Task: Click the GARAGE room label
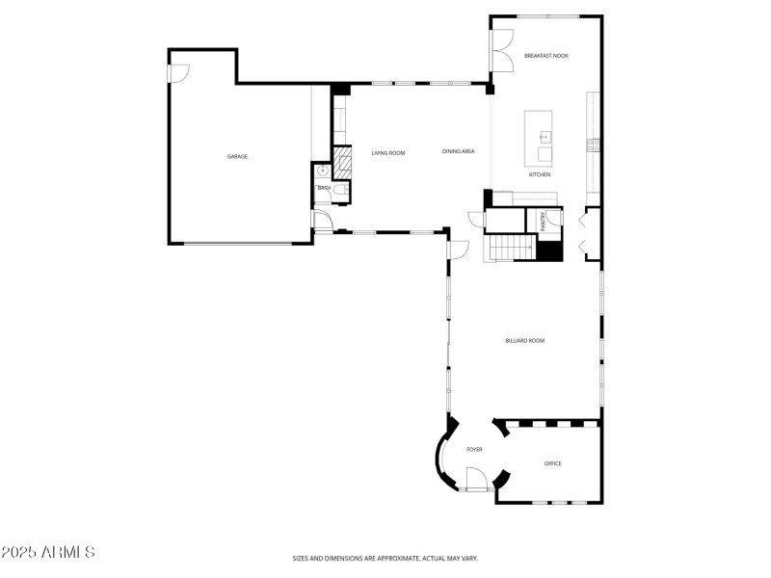pyautogui.click(x=237, y=156)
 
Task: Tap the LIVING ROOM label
pyautogui.click(x=388, y=152)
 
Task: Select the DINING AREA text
pyautogui.click(x=458, y=151)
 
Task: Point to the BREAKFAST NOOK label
pyautogui.click(x=545, y=56)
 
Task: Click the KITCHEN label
pyautogui.click(x=539, y=174)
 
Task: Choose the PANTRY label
pyautogui.click(x=544, y=222)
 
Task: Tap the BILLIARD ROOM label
pyautogui.click(x=525, y=340)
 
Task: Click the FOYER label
pyautogui.click(x=474, y=450)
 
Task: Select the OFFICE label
pyautogui.click(x=552, y=463)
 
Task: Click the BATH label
pyautogui.click(x=324, y=188)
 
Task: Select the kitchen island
pyautogui.click(x=540, y=138)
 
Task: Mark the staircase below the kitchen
pyautogui.click(x=508, y=248)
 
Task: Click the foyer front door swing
pyautogui.click(x=475, y=479)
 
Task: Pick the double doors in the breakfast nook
pyautogui.click(x=502, y=48)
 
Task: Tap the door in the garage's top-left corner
pyautogui.click(x=179, y=73)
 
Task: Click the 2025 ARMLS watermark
pyautogui.click(x=48, y=552)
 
